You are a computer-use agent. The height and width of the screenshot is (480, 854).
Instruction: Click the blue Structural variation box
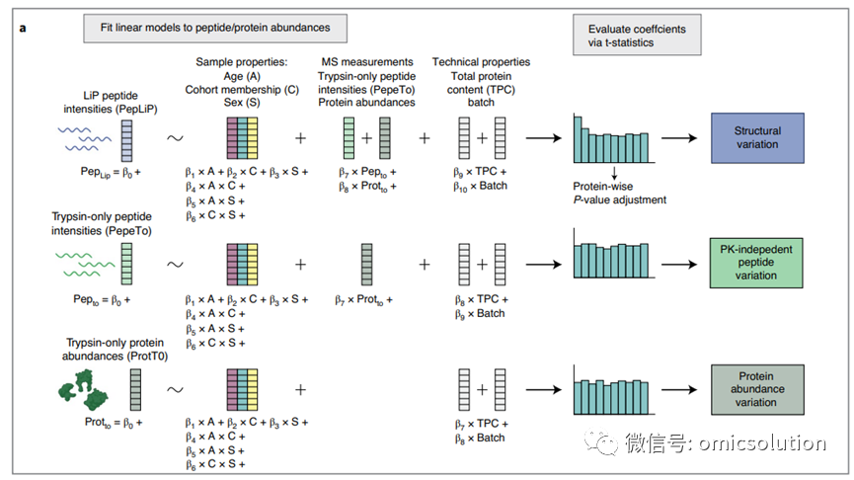point(757,138)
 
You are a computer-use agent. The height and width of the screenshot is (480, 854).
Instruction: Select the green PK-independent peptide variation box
point(756,263)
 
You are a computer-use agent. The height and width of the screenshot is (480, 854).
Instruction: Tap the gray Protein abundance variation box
point(757,389)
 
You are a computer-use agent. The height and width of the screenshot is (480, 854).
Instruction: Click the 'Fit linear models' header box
point(215,29)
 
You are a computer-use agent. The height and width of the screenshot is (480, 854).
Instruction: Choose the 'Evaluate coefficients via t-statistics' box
point(637,35)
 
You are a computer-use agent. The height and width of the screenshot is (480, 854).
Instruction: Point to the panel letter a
point(23,28)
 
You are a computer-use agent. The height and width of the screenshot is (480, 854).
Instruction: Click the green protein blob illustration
point(83,389)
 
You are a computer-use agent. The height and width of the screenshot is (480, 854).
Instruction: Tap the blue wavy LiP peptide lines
point(85,138)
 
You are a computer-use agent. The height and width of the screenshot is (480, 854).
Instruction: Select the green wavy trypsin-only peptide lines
point(85,265)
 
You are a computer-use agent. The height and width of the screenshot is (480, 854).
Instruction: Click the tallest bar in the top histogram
point(578,139)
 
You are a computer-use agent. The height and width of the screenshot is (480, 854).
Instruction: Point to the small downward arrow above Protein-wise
point(614,173)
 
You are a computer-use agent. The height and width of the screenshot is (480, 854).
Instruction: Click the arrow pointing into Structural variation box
point(679,138)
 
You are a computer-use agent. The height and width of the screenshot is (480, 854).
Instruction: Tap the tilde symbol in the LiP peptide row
point(175,138)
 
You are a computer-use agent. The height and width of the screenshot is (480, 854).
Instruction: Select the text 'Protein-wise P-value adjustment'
point(619,193)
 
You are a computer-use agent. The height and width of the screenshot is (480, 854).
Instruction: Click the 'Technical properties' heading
point(481,62)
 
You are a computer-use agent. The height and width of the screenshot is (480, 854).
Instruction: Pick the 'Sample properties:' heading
point(242,62)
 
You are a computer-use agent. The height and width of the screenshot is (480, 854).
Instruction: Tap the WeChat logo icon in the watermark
point(600,441)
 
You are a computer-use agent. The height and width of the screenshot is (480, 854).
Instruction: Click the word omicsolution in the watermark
point(762,442)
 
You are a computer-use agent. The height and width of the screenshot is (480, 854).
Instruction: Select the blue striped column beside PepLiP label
point(127,141)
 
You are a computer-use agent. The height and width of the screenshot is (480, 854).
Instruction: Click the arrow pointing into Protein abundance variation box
point(679,389)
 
